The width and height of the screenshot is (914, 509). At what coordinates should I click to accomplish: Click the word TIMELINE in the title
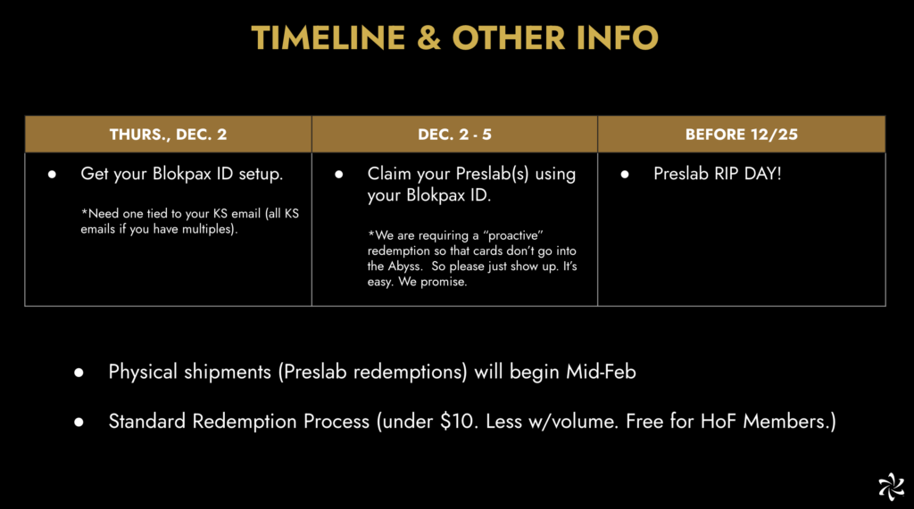coord(328,37)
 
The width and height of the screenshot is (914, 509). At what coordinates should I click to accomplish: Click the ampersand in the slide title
coord(429,37)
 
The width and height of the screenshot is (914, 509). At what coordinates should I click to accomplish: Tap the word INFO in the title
coord(618,37)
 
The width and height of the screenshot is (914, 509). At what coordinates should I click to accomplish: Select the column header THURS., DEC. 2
coord(168,135)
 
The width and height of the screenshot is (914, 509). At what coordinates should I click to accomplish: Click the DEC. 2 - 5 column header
coord(454,135)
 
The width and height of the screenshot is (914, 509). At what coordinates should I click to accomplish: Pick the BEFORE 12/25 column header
coord(742,135)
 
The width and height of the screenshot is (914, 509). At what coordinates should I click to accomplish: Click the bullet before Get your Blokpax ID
coord(52,174)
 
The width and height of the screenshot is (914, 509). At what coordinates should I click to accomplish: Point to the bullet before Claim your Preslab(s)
coord(338,174)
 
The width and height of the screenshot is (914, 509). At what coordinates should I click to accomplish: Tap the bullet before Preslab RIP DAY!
coord(625,174)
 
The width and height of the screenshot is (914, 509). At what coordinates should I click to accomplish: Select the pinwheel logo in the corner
coord(892,487)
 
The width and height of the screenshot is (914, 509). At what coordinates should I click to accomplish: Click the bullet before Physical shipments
coord(79,373)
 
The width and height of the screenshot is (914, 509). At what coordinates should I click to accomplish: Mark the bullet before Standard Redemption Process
coord(79,423)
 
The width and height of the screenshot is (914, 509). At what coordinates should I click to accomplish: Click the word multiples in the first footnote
coord(207,229)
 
